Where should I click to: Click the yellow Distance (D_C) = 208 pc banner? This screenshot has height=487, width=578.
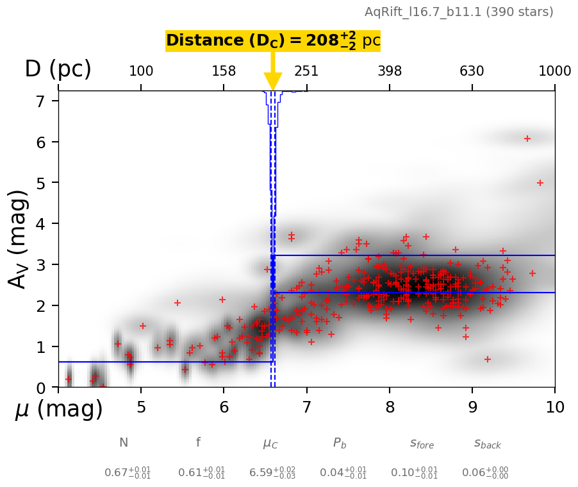(272, 41)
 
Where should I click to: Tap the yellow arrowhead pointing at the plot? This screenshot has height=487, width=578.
(273, 81)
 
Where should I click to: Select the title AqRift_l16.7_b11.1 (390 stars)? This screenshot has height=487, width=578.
(459, 12)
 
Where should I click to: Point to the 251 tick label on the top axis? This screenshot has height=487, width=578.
(306, 71)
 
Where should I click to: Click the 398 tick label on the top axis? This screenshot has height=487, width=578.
(390, 71)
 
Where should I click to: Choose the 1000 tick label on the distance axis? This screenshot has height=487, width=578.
(555, 71)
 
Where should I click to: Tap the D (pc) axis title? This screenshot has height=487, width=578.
(58, 69)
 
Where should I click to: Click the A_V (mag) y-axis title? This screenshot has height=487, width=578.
(19, 239)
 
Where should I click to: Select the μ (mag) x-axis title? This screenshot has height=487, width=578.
(59, 409)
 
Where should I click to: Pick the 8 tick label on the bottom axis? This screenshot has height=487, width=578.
(390, 407)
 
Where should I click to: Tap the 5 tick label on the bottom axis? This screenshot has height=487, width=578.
(141, 407)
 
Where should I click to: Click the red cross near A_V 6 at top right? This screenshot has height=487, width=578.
(527, 139)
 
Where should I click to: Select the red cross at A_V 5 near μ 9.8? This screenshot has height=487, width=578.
(540, 183)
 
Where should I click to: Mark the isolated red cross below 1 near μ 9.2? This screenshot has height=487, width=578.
(488, 359)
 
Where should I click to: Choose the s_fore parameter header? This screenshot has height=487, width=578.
(422, 443)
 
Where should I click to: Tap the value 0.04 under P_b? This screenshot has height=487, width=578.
(334, 473)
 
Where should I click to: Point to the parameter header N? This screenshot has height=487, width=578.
(124, 443)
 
